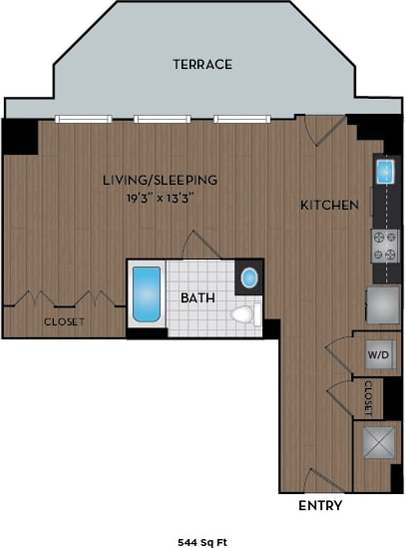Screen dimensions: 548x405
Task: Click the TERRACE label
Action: [202, 64]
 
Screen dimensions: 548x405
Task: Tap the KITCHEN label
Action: [329, 205]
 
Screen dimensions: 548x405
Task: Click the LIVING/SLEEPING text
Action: [160, 180]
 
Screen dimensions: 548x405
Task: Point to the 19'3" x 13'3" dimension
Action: [160, 197]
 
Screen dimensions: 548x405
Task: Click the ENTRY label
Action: [320, 505]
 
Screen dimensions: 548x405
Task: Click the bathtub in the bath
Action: [147, 294]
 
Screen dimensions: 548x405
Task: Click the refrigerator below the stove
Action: [382, 303]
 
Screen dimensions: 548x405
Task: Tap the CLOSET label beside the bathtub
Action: [63, 322]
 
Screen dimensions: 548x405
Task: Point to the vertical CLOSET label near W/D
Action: [368, 397]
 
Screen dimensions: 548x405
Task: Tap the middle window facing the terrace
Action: [162, 119]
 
